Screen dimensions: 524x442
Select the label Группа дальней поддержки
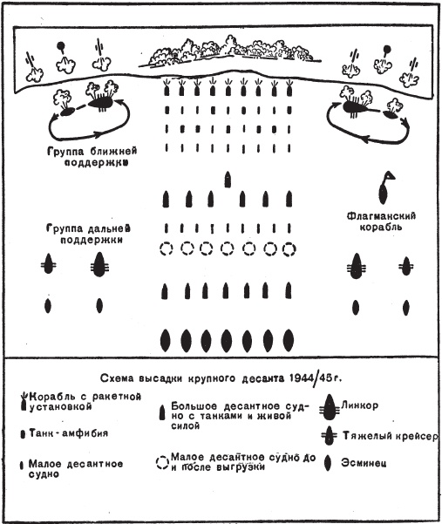85,231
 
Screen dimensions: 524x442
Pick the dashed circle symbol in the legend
161,460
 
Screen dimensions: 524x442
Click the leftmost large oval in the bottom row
166,339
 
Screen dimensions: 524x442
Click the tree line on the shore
227,55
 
